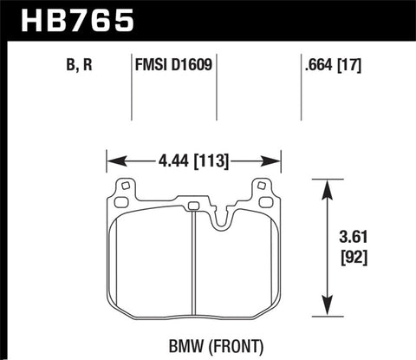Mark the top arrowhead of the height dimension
click(x=326, y=185)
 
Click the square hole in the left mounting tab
click(x=125, y=185)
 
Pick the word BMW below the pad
click(x=166, y=344)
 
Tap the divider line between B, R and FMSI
click(x=131, y=87)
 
